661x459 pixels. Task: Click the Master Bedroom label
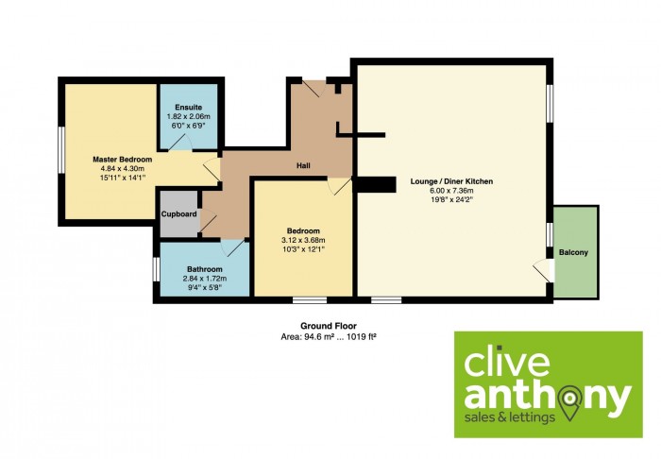[x=122, y=160]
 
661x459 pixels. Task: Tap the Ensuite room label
[x=189, y=107]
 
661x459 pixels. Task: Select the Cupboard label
[x=178, y=214]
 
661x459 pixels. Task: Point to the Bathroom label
[x=205, y=269]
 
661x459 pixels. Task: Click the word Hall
[x=303, y=165]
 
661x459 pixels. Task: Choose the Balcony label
[x=573, y=252]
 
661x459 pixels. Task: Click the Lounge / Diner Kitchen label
[x=451, y=181]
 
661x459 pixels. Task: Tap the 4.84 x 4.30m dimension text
[x=122, y=169]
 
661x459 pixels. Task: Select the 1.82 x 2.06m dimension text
[x=189, y=116]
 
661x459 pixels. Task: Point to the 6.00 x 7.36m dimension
[x=451, y=191]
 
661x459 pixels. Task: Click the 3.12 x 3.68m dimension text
[x=303, y=240]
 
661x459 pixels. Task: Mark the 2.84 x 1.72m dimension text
[x=205, y=279]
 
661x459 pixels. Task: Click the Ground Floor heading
[x=329, y=326]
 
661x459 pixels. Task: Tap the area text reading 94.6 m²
[x=314, y=337]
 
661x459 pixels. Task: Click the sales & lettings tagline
[x=509, y=417]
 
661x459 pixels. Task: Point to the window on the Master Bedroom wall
[x=61, y=149]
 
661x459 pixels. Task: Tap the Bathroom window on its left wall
[x=156, y=269]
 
